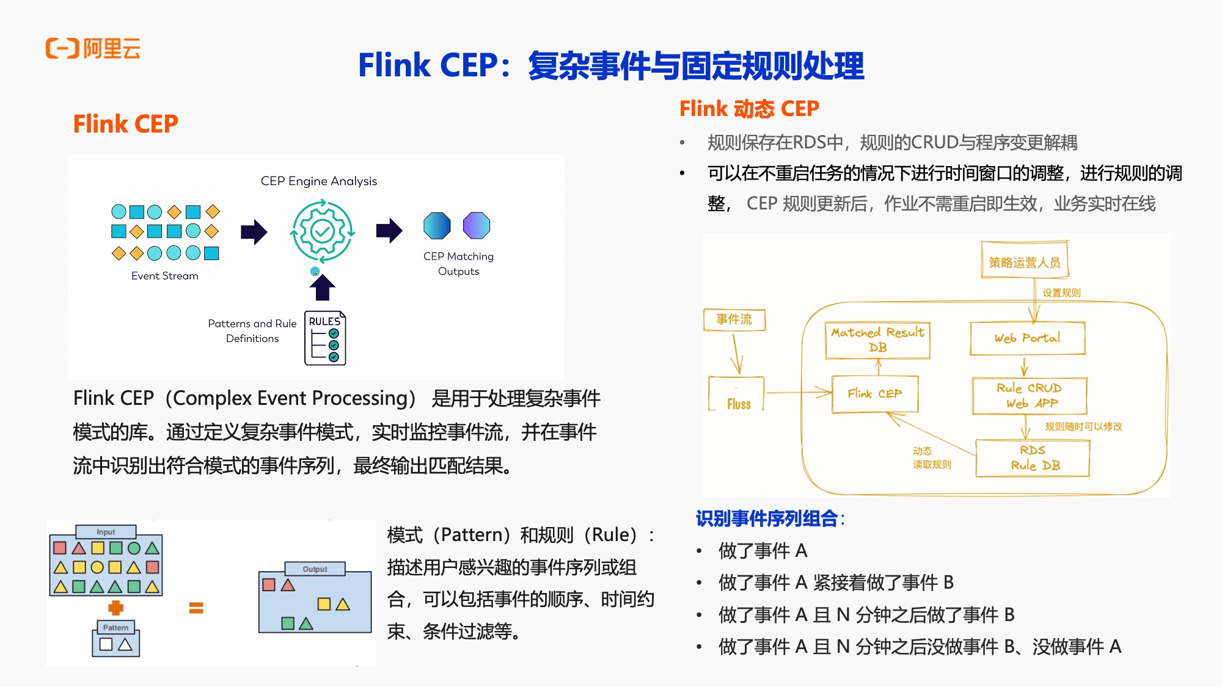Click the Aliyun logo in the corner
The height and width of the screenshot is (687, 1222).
click(93, 48)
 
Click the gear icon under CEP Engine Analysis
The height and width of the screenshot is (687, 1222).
click(322, 231)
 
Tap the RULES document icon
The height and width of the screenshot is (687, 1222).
click(325, 338)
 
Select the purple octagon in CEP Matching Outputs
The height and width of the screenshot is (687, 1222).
click(476, 225)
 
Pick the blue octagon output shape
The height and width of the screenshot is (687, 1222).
click(437, 225)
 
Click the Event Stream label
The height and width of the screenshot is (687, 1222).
click(165, 276)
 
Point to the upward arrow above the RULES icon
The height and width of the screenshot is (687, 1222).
click(323, 287)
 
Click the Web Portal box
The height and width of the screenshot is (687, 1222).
click(1027, 338)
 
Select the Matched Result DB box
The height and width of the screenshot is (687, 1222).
click(877, 340)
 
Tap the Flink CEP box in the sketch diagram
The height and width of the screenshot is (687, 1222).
click(874, 394)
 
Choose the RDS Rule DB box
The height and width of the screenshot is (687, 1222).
click(1033, 458)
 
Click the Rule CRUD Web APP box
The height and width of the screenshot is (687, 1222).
click(1030, 396)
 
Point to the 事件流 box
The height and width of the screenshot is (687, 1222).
click(734, 319)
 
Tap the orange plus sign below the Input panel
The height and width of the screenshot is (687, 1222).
click(116, 608)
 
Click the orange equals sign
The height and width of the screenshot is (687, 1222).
click(196, 608)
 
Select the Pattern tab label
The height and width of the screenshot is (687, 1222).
click(115, 627)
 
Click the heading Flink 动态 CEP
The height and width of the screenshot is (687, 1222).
click(749, 109)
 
